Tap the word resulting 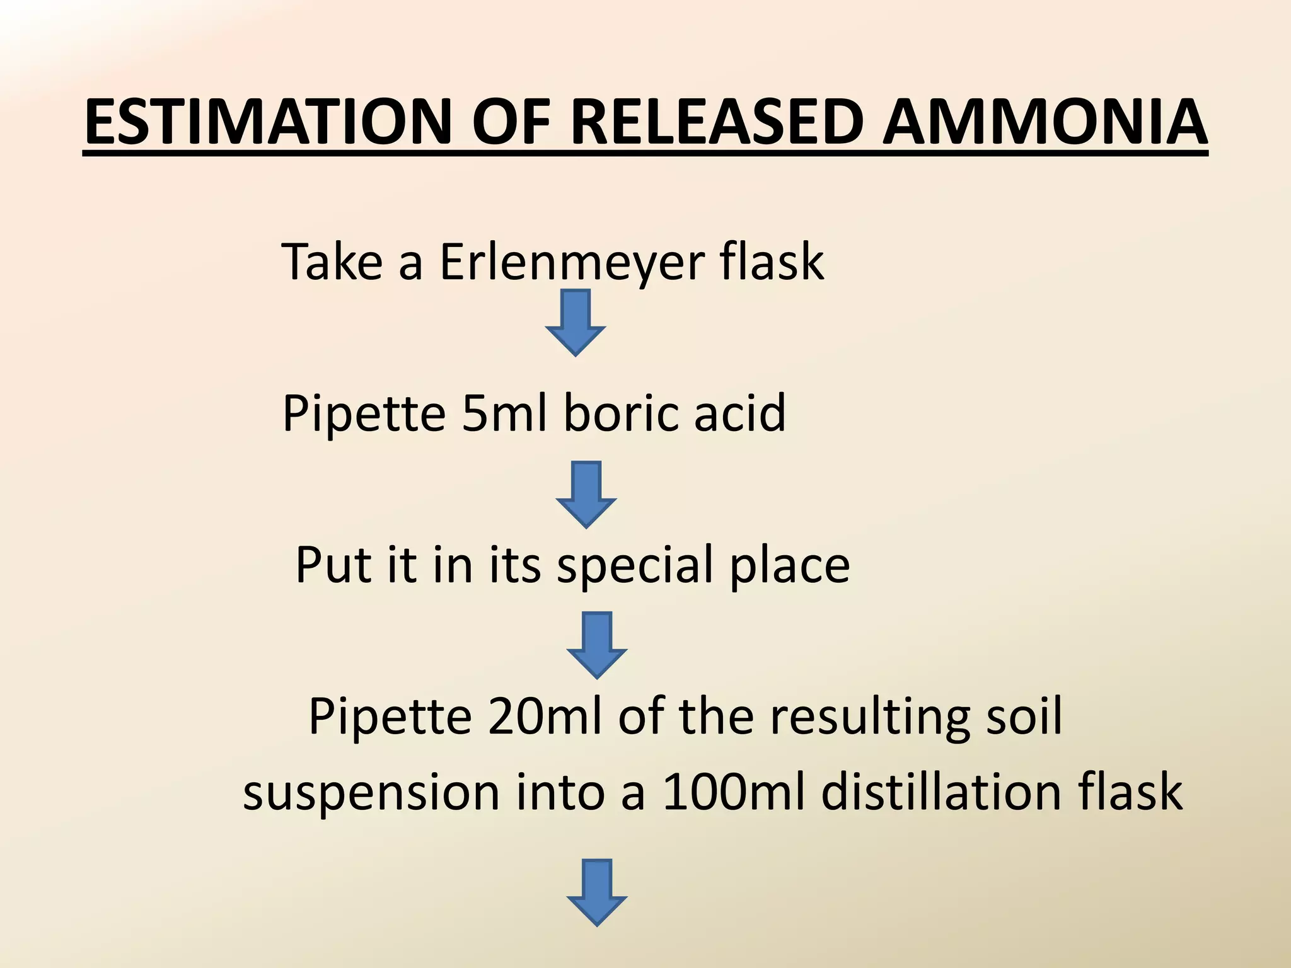tap(870, 717)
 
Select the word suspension tap(371, 793)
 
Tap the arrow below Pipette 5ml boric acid tap(586, 494)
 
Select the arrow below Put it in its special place tap(597, 645)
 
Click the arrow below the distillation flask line tap(597, 892)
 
